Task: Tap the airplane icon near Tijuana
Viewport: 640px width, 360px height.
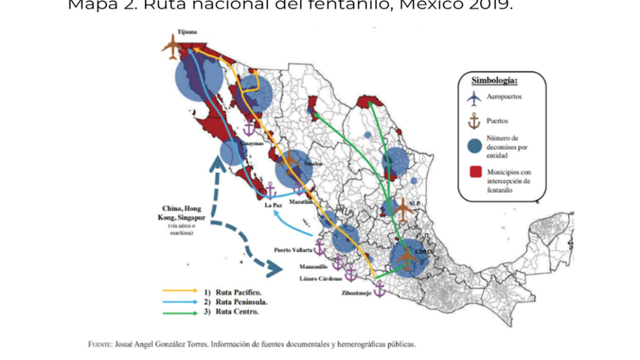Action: [172, 47]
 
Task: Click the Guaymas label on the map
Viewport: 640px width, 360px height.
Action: [251, 144]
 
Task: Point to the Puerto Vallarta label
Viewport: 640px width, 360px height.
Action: [293, 250]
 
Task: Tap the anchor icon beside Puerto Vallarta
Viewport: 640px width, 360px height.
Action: [319, 248]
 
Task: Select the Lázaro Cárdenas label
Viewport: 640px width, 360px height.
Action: [320, 278]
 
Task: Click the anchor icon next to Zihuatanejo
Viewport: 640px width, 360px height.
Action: [379, 289]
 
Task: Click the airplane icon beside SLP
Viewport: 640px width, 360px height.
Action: [402, 210]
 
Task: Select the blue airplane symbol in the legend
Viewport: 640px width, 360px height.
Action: [474, 98]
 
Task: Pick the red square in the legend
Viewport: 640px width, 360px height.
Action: [475, 172]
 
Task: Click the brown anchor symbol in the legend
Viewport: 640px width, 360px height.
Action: [474, 121]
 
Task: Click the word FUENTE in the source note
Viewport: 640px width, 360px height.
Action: [101, 344]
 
